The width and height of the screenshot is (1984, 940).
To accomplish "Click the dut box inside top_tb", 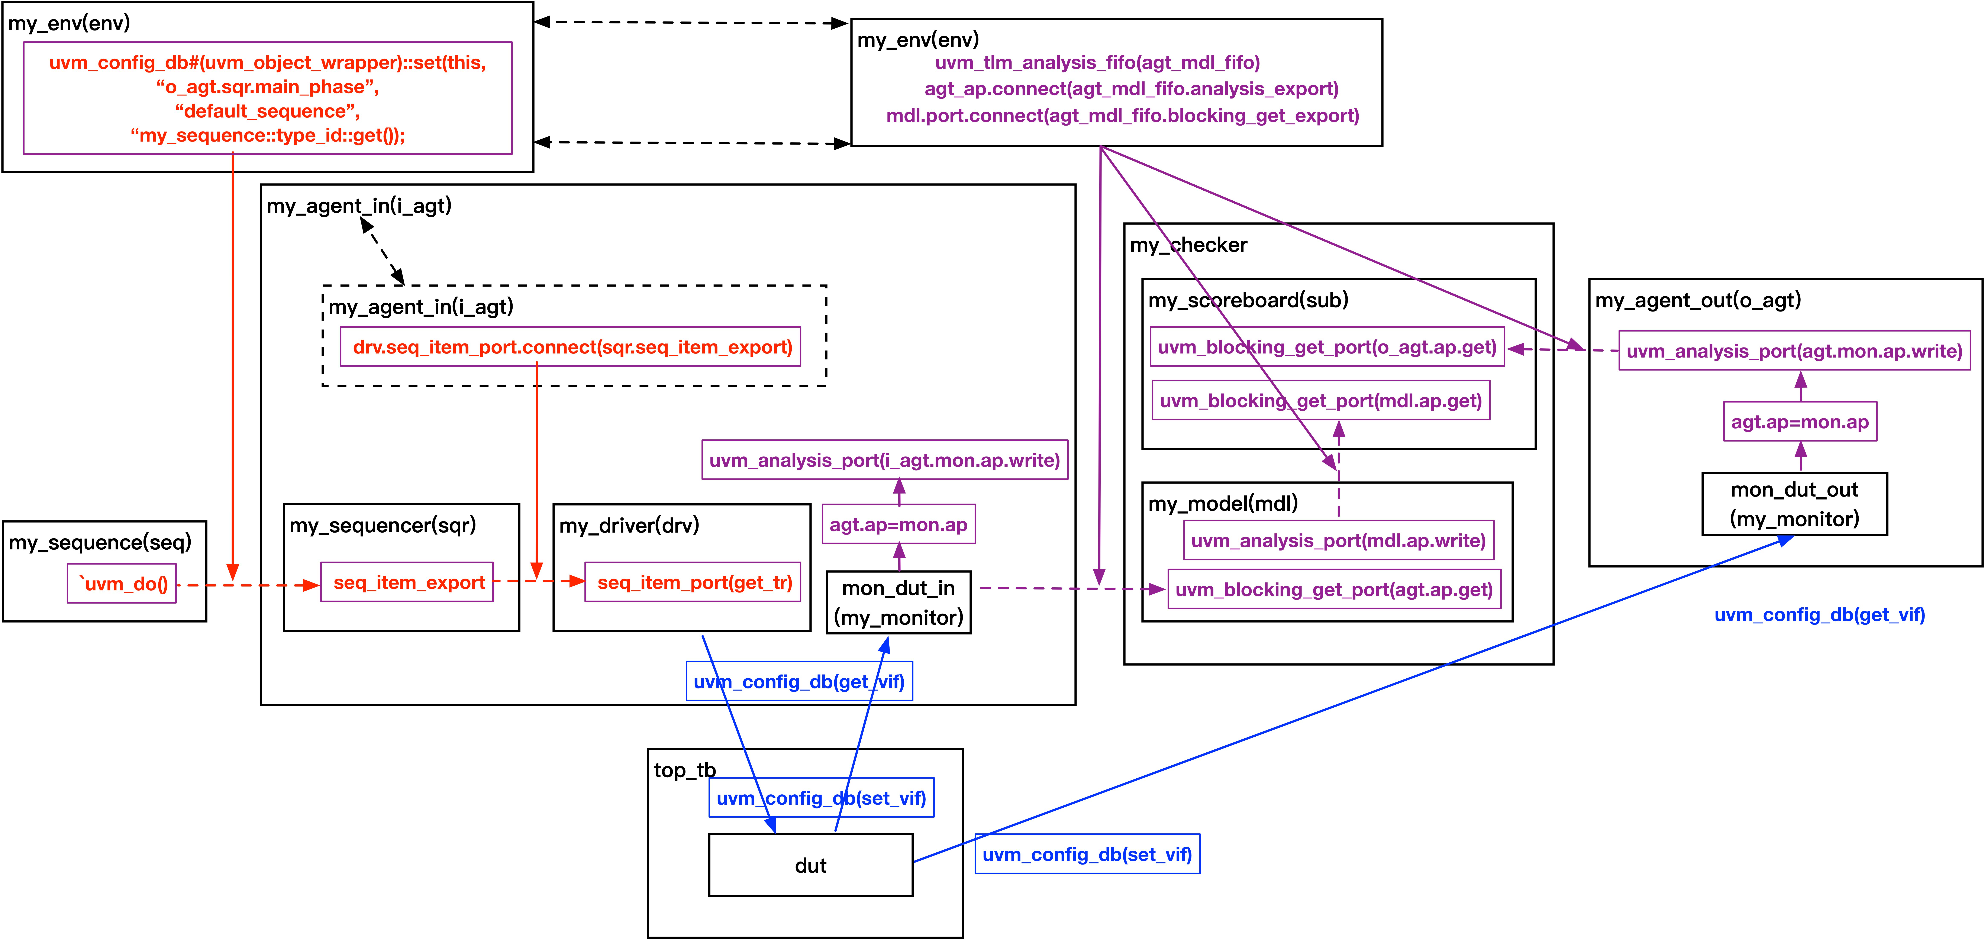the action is pyautogui.click(x=810, y=865).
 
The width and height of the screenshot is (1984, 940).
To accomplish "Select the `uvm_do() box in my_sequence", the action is pyautogui.click(x=122, y=584).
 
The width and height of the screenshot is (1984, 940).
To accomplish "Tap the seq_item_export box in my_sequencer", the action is pyautogui.click(x=407, y=582).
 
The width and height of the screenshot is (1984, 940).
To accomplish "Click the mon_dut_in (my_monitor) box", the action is pyautogui.click(x=898, y=602).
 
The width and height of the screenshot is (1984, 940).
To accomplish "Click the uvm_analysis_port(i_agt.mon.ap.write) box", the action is pyautogui.click(x=885, y=460).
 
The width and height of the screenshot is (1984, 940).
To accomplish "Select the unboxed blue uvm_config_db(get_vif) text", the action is pyautogui.click(x=1819, y=614).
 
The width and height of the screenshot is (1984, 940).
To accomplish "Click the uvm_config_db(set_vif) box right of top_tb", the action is pyautogui.click(x=1087, y=854).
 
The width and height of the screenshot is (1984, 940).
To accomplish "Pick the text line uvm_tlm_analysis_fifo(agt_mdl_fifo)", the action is pyautogui.click(x=1097, y=62).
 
